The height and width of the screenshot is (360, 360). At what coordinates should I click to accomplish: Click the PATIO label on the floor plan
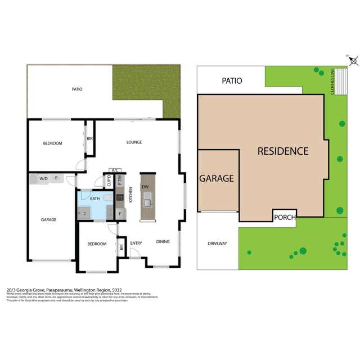click(x=78, y=89)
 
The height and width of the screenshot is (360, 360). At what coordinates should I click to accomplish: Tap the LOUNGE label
click(x=134, y=142)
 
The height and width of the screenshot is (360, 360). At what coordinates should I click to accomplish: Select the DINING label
click(x=163, y=242)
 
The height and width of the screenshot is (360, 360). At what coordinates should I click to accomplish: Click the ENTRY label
click(x=136, y=243)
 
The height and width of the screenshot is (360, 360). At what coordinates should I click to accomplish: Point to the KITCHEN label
click(x=130, y=195)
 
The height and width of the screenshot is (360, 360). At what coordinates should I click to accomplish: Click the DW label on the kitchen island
click(x=145, y=186)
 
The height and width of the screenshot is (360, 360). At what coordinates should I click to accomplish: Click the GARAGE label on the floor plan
click(x=48, y=219)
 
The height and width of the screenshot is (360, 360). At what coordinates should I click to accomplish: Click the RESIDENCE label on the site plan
click(x=283, y=151)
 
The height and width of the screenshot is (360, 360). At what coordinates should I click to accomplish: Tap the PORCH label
click(x=284, y=218)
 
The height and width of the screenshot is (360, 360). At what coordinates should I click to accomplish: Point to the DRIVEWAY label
click(x=217, y=244)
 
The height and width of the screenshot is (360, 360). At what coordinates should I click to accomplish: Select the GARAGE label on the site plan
click(x=216, y=178)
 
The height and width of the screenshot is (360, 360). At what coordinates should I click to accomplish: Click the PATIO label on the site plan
click(x=231, y=80)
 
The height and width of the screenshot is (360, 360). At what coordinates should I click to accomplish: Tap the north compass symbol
click(x=350, y=58)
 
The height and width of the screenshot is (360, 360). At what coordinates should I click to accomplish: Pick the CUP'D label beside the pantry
click(x=110, y=181)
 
